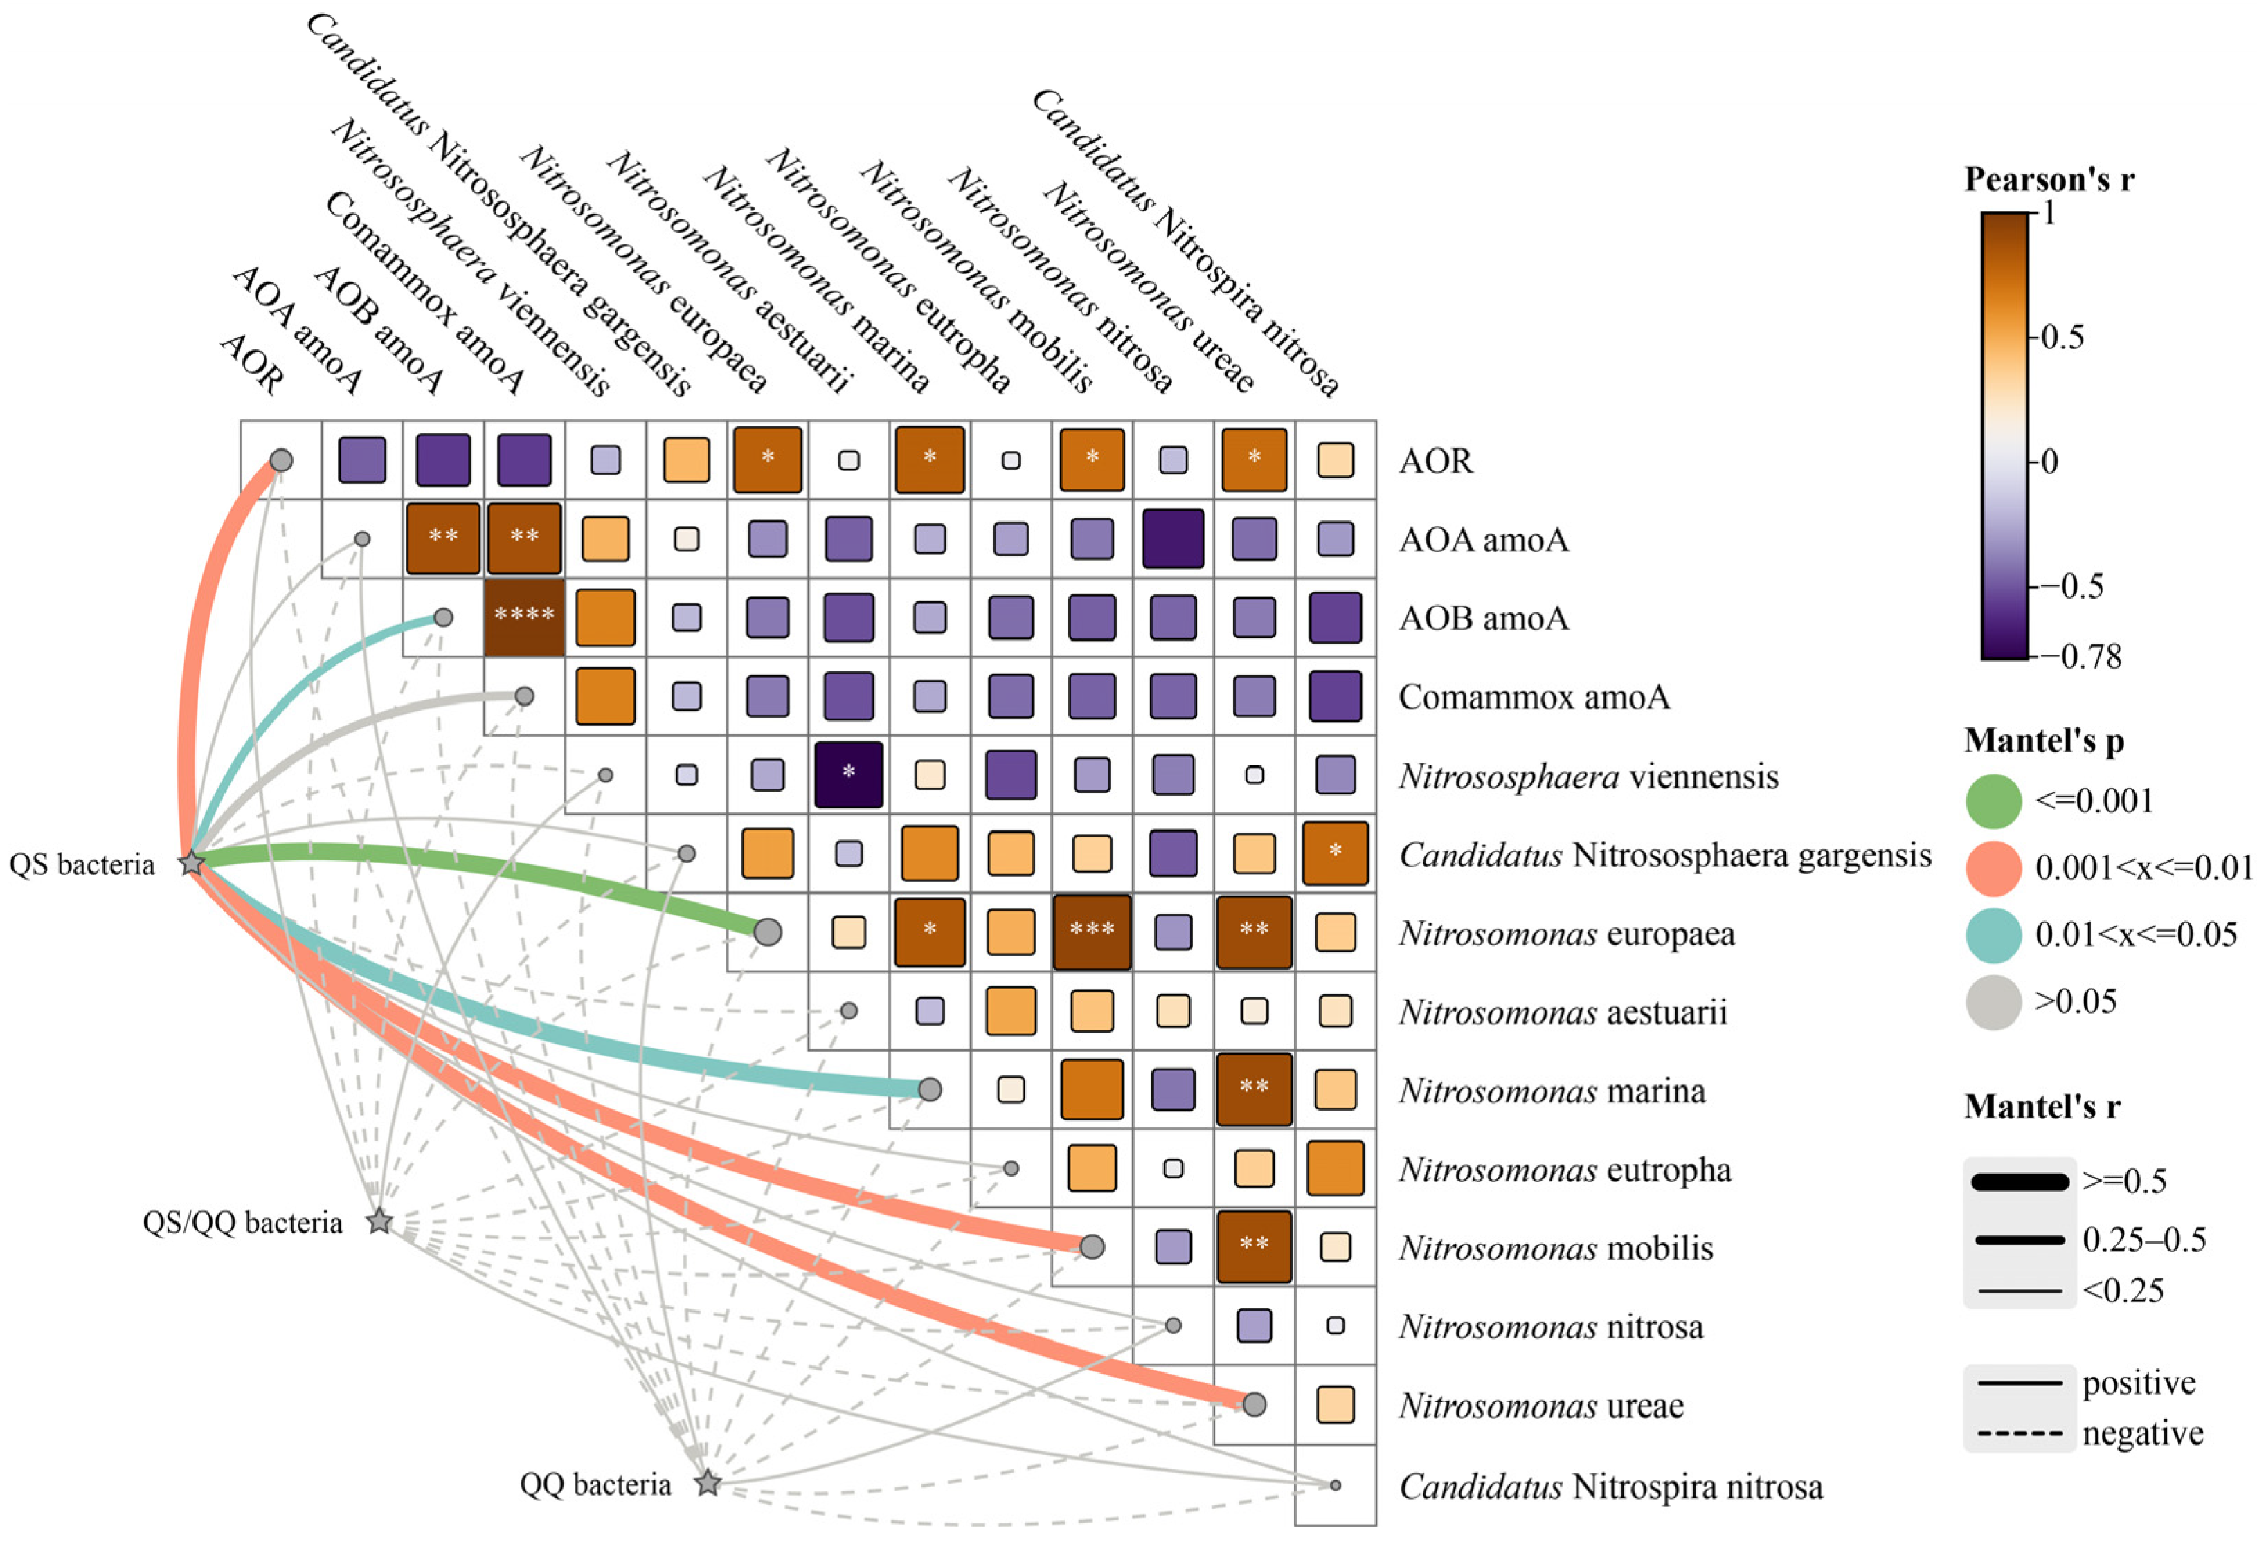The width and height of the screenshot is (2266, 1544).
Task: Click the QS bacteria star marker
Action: (x=191, y=862)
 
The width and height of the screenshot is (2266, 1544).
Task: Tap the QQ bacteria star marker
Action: (x=708, y=1484)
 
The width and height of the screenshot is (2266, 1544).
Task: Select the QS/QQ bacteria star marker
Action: (x=379, y=1221)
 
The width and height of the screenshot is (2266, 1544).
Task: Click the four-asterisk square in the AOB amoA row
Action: (x=525, y=618)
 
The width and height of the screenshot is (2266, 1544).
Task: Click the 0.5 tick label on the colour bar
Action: (x=2061, y=337)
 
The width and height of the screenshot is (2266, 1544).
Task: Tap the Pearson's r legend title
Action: (x=2048, y=179)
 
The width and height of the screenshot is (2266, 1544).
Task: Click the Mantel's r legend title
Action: (x=2042, y=1107)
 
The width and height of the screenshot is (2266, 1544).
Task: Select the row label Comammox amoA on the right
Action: (x=1534, y=697)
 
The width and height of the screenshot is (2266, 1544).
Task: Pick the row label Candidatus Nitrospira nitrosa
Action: (x=1611, y=1487)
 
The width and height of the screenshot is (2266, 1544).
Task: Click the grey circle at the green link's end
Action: (x=767, y=932)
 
